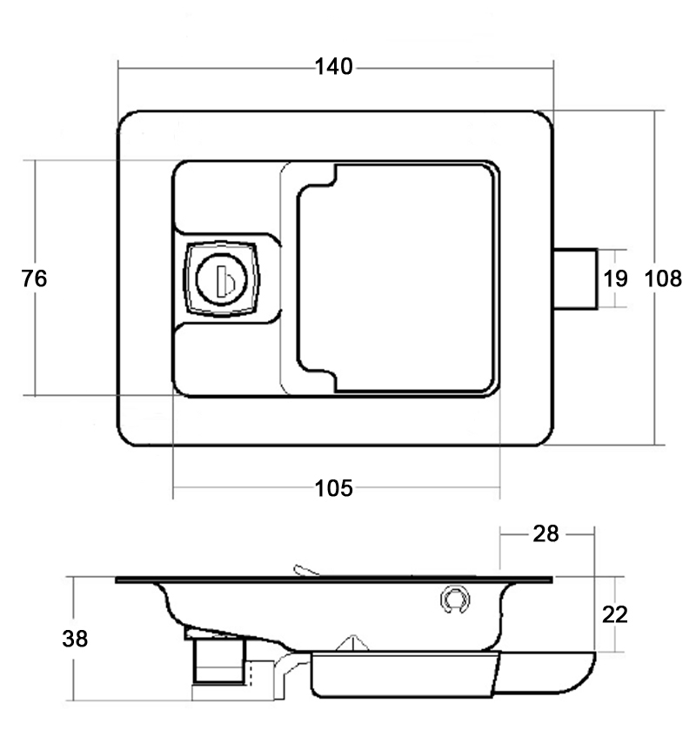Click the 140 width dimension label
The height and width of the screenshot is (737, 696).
333,67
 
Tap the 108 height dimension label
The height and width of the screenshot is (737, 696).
663,278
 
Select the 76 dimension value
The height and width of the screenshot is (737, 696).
34,278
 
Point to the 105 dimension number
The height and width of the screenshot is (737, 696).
333,488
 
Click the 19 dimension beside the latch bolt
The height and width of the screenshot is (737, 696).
615,278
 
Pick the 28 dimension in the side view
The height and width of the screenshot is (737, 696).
545,534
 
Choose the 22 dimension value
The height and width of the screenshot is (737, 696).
615,615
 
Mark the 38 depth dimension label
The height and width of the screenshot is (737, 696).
75,639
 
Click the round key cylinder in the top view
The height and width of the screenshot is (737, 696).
221,279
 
